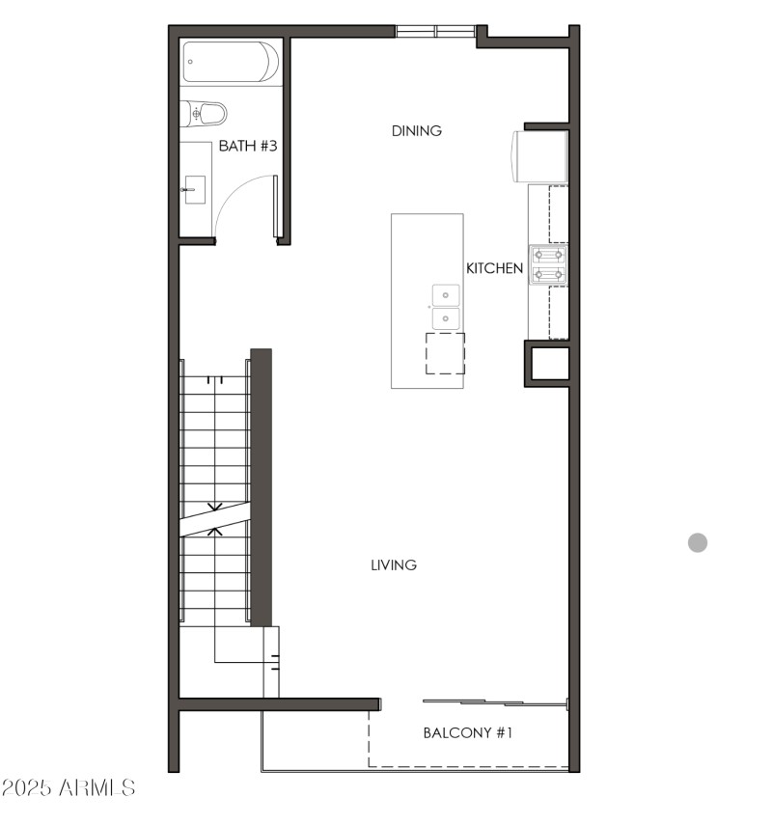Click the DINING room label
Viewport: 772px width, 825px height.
417,131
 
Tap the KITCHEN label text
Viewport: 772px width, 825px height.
495,268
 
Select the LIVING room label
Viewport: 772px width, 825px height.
394,564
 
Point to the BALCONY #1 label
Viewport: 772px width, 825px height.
468,733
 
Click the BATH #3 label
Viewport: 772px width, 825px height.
248,147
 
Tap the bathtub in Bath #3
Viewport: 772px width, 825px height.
231,62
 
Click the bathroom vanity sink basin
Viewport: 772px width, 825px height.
195,189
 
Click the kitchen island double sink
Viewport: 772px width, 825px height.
445,307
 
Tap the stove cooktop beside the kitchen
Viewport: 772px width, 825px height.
548,265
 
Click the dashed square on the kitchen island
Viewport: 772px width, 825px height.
445,353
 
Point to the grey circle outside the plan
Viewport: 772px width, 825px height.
698,542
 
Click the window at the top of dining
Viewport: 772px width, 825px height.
435,31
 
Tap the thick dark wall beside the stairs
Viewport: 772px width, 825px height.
261,487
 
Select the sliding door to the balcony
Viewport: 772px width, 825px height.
494,701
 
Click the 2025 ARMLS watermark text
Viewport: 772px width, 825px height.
69,788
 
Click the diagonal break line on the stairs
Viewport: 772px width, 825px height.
214,518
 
